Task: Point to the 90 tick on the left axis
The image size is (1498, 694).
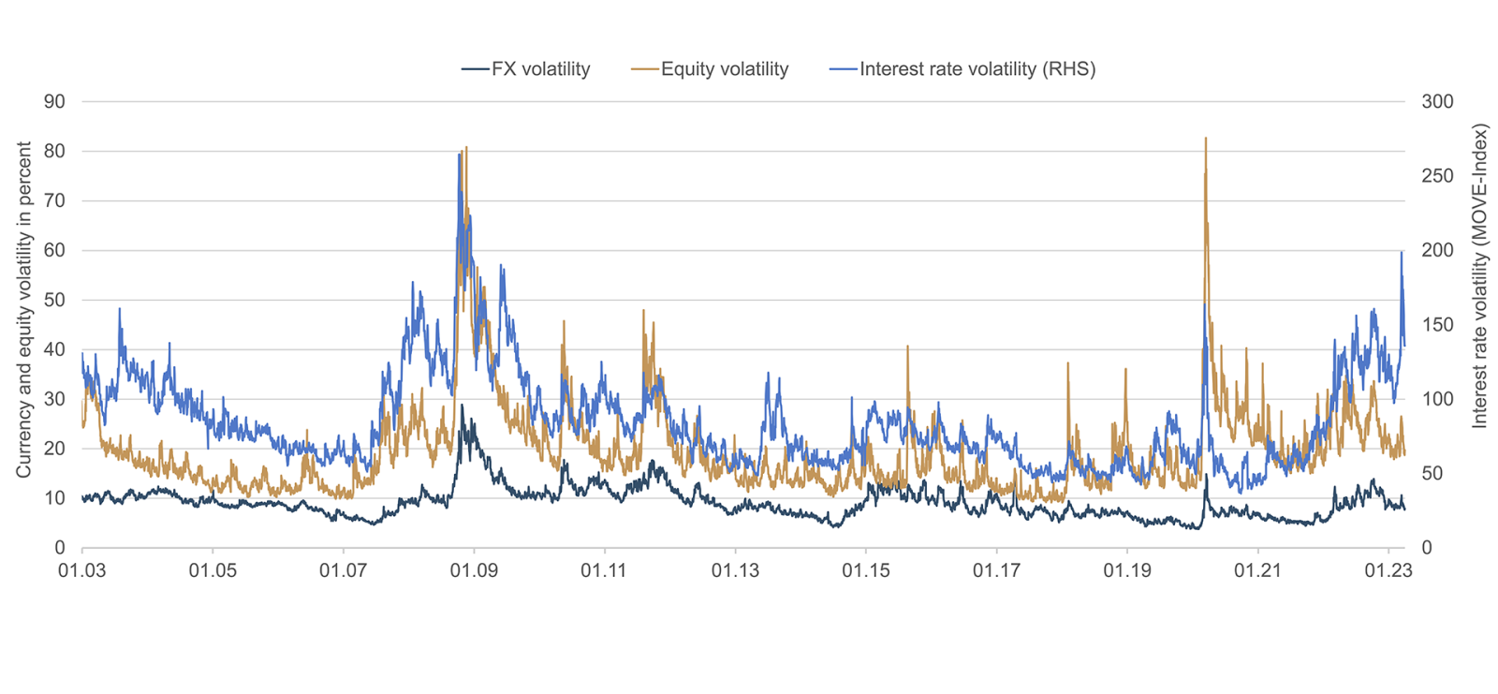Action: pyautogui.click(x=54, y=101)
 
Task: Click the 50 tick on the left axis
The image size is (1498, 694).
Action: pyautogui.click(x=54, y=300)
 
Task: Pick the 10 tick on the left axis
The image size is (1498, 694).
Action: pyautogui.click(x=54, y=498)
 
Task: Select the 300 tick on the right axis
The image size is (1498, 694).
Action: pyautogui.click(x=1437, y=101)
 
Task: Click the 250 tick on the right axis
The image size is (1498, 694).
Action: pyautogui.click(x=1437, y=176)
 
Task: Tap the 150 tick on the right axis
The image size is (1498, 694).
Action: pyautogui.click(x=1437, y=325)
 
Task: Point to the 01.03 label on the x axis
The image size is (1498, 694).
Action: pyautogui.click(x=82, y=570)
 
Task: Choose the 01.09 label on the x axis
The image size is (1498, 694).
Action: pyautogui.click(x=474, y=570)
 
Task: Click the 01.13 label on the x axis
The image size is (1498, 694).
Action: pyautogui.click(x=735, y=570)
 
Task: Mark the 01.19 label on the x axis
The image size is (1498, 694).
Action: pyautogui.click(x=1127, y=570)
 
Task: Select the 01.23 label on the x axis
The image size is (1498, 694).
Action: pyautogui.click(x=1388, y=570)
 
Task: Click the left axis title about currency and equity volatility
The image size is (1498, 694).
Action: pyautogui.click(x=23, y=309)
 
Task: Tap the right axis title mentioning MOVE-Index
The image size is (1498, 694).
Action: pyautogui.click(x=1479, y=276)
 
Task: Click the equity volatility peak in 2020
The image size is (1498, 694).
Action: pyautogui.click(x=1205, y=140)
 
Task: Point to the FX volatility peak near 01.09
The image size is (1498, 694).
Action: pyautogui.click(x=462, y=406)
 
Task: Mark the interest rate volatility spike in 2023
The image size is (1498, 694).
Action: pyautogui.click(x=1402, y=253)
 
